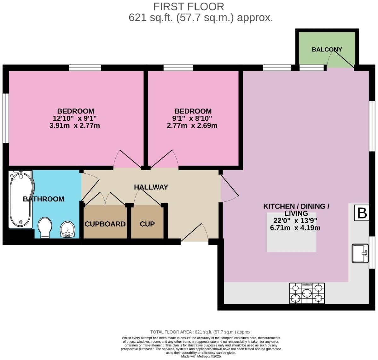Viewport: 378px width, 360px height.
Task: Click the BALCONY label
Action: (x=327, y=49)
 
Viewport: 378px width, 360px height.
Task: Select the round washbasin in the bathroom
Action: (x=68, y=229)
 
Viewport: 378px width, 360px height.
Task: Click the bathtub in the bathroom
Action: (x=21, y=200)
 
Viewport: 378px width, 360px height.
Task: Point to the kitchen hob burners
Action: (x=307, y=293)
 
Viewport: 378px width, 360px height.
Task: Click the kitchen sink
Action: (x=360, y=253)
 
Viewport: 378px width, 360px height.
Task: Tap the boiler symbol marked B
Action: (x=362, y=213)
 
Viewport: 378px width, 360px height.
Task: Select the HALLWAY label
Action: (x=151, y=187)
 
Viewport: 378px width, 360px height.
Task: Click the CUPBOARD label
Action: (x=105, y=224)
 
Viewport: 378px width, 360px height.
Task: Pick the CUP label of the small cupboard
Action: (x=147, y=224)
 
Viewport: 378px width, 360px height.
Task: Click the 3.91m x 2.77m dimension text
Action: (x=74, y=126)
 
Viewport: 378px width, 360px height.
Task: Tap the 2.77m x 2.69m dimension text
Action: (x=192, y=126)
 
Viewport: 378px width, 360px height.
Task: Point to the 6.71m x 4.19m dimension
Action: (x=295, y=228)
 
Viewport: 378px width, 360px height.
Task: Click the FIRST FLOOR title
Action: (x=189, y=7)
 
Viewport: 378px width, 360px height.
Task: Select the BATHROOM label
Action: (x=44, y=199)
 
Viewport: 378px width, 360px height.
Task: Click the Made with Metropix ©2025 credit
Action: (x=201, y=357)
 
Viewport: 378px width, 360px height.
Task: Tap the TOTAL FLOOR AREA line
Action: (x=201, y=332)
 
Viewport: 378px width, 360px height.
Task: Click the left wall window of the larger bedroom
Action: (x=6, y=119)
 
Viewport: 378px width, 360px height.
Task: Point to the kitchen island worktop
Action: (x=291, y=232)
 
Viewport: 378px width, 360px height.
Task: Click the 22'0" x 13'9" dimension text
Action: (x=295, y=221)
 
